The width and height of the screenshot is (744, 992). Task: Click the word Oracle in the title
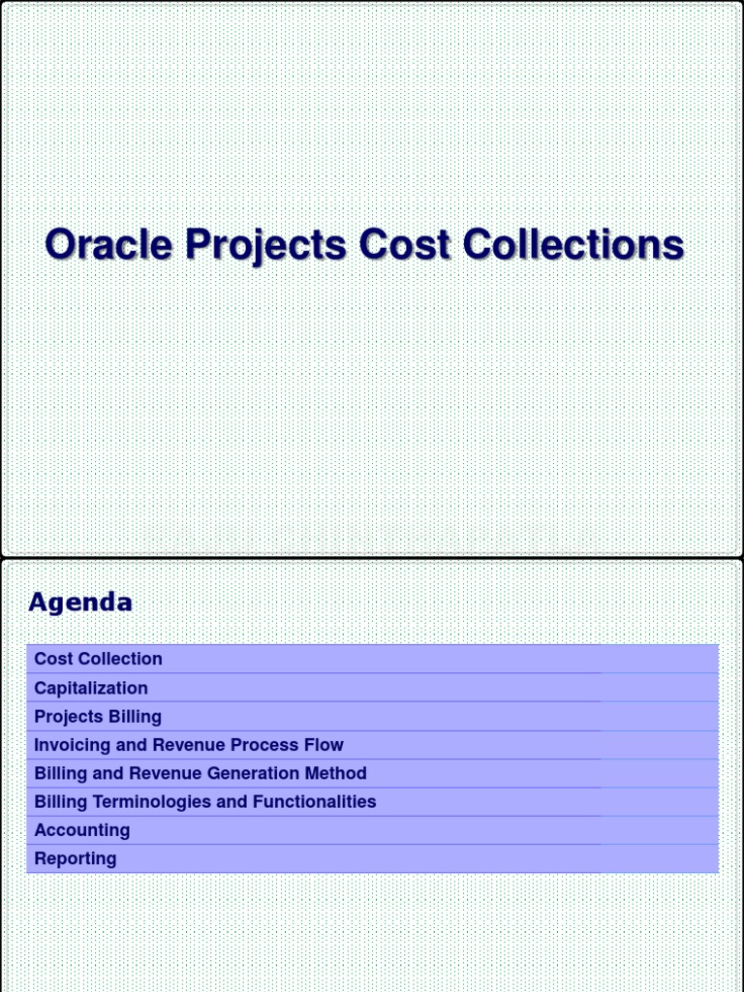tap(109, 244)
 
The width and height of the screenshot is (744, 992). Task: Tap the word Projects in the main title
tap(265, 246)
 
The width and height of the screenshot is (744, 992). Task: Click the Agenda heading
tap(80, 603)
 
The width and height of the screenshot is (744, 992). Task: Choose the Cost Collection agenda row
tap(98, 659)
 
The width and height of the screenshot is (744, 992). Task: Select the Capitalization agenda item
tap(91, 688)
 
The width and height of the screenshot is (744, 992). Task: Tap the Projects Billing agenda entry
tap(98, 717)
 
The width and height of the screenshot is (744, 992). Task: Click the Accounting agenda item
tap(82, 830)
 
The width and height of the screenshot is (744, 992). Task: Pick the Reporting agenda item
tap(76, 858)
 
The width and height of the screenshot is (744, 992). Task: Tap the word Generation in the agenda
tap(267, 773)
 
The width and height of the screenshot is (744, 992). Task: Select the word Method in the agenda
tap(338, 773)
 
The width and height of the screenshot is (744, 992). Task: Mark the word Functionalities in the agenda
tap(315, 802)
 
